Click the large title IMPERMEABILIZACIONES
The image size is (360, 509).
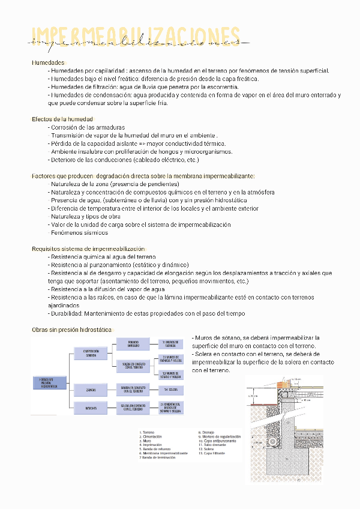pyautogui.click(x=136, y=37)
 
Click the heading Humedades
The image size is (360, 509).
pyautogui.click(x=48, y=62)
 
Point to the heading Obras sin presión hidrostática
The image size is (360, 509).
pyautogui.click(x=72, y=330)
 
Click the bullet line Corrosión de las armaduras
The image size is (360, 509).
pyautogui.click(x=88, y=127)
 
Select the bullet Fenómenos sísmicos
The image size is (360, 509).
pyautogui.click(x=79, y=232)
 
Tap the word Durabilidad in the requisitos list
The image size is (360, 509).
pyautogui.click(x=67, y=313)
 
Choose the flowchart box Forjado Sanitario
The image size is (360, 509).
pyautogui.click(x=134, y=343)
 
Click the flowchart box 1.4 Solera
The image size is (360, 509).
pyautogui.click(x=169, y=390)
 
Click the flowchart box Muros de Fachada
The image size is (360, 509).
pyautogui.click(x=170, y=343)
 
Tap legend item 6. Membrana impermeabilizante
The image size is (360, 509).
pyautogui.click(x=161, y=453)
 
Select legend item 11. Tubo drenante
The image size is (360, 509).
pyautogui.click(x=213, y=444)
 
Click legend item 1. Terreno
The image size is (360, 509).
pyautogui.click(x=148, y=432)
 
